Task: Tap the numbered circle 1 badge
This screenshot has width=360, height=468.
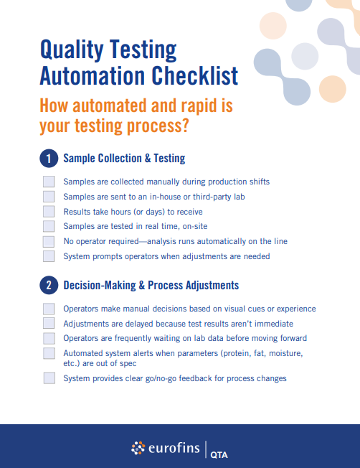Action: pos(48,158)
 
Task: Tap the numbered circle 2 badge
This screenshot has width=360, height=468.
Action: pos(48,285)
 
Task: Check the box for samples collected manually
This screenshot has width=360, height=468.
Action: pos(49,182)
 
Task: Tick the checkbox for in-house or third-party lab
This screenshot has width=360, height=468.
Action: pos(49,197)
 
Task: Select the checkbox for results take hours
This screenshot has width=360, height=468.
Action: pos(49,212)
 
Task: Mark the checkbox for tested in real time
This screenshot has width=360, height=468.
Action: pos(49,226)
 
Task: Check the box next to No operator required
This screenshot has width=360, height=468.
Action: pos(49,241)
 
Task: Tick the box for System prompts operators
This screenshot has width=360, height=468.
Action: pos(49,256)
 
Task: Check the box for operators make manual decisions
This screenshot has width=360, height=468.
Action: pos(49,309)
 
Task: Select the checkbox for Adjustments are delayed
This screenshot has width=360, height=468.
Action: pos(49,324)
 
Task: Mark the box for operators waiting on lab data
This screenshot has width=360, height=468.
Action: pos(49,338)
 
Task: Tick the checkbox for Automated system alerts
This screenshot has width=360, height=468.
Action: pos(49,353)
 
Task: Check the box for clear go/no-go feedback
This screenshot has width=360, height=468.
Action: pos(49,378)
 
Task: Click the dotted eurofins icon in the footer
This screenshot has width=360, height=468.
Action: pos(138,448)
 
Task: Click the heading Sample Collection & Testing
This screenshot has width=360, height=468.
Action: pos(124,158)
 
